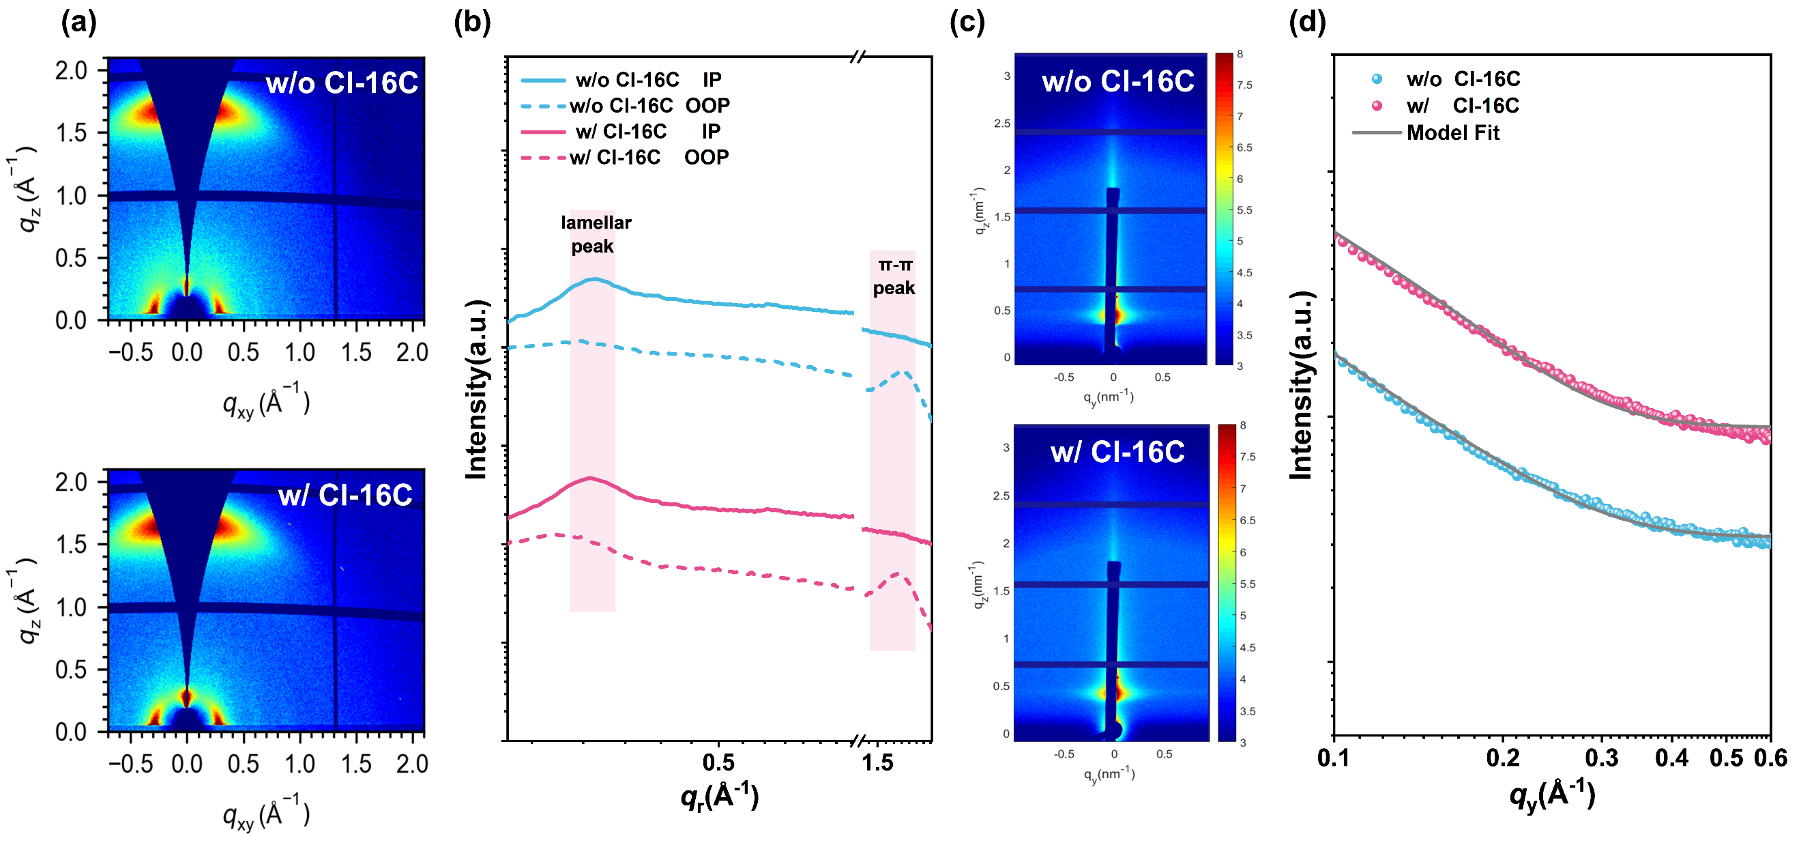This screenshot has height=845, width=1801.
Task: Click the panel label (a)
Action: pos(78,23)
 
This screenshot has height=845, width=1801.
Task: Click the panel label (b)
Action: pos(472,23)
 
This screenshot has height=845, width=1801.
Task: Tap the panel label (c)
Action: pos(967,23)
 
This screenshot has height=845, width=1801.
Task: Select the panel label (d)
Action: pos(1306,23)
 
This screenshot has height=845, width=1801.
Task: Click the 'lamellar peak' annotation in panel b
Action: pos(595,234)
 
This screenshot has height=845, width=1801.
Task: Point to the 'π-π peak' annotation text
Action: pos(894,276)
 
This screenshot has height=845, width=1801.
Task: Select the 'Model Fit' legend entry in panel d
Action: pos(1452,133)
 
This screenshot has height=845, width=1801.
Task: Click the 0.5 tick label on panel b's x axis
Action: pos(718,762)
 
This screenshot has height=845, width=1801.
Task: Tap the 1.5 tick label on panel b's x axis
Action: pos(877,762)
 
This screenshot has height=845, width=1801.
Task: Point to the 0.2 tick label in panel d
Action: pos(1502,758)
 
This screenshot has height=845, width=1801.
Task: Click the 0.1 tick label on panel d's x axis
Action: pos(1334,758)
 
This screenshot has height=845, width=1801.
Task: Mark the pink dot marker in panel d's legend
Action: pos(1377,106)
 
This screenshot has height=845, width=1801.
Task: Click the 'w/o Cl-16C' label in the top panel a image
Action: pos(341,83)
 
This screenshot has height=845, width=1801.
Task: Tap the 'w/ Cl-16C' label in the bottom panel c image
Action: pos(1117,453)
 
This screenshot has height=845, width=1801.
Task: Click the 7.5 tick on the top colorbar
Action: pos(1244,85)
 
